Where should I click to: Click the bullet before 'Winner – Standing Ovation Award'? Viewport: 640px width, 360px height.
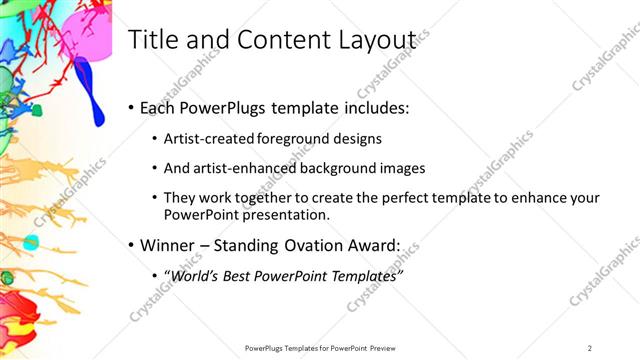(132, 244)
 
